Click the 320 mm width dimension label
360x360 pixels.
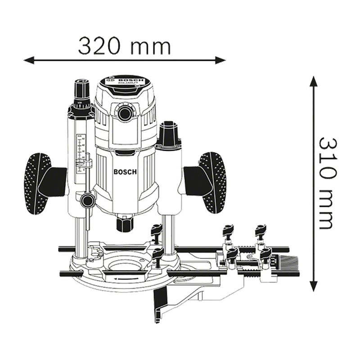coord(125,46)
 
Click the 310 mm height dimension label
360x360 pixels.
coord(328,184)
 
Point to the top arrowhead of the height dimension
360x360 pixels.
coord(314,81)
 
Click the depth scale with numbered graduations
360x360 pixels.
coord(80,153)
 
